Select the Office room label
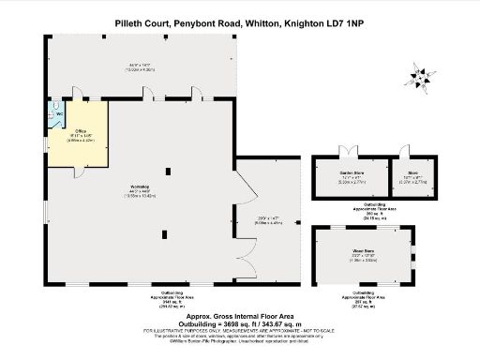click(x=81, y=131)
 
